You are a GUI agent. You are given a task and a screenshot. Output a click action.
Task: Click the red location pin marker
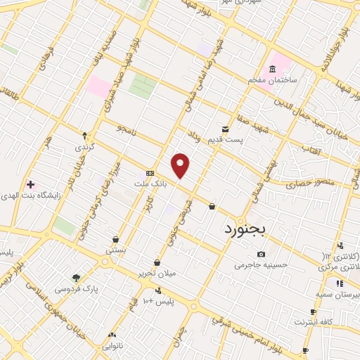pos(181,165)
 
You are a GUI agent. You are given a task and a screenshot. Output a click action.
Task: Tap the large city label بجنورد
pos(246,229)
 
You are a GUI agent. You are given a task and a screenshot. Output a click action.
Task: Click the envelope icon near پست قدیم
pos(225,129)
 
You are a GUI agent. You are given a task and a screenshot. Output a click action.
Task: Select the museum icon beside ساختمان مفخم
pos(272,69)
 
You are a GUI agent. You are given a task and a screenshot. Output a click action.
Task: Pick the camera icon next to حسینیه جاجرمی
pos(261,254)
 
